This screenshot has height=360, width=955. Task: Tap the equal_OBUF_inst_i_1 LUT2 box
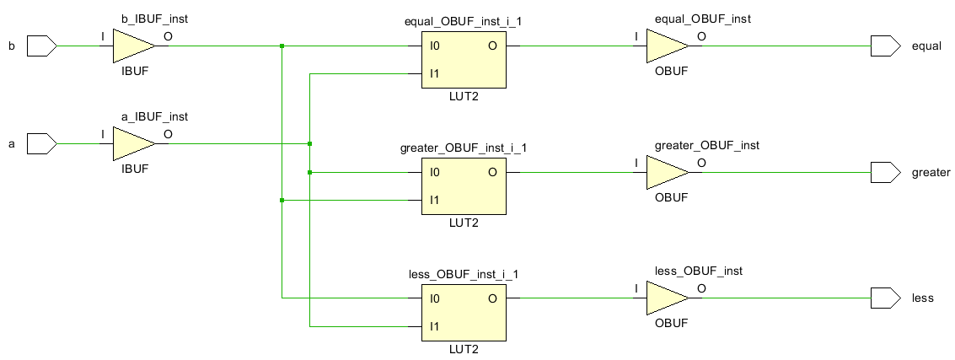(463, 60)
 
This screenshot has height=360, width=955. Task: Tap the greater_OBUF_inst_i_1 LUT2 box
(463, 186)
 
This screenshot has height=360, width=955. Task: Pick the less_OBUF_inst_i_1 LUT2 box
(463, 312)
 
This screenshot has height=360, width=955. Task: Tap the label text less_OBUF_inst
(698, 271)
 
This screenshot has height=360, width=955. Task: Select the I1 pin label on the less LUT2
(434, 325)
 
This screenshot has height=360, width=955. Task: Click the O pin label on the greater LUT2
(491, 172)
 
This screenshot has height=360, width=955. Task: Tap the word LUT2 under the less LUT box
(463, 349)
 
